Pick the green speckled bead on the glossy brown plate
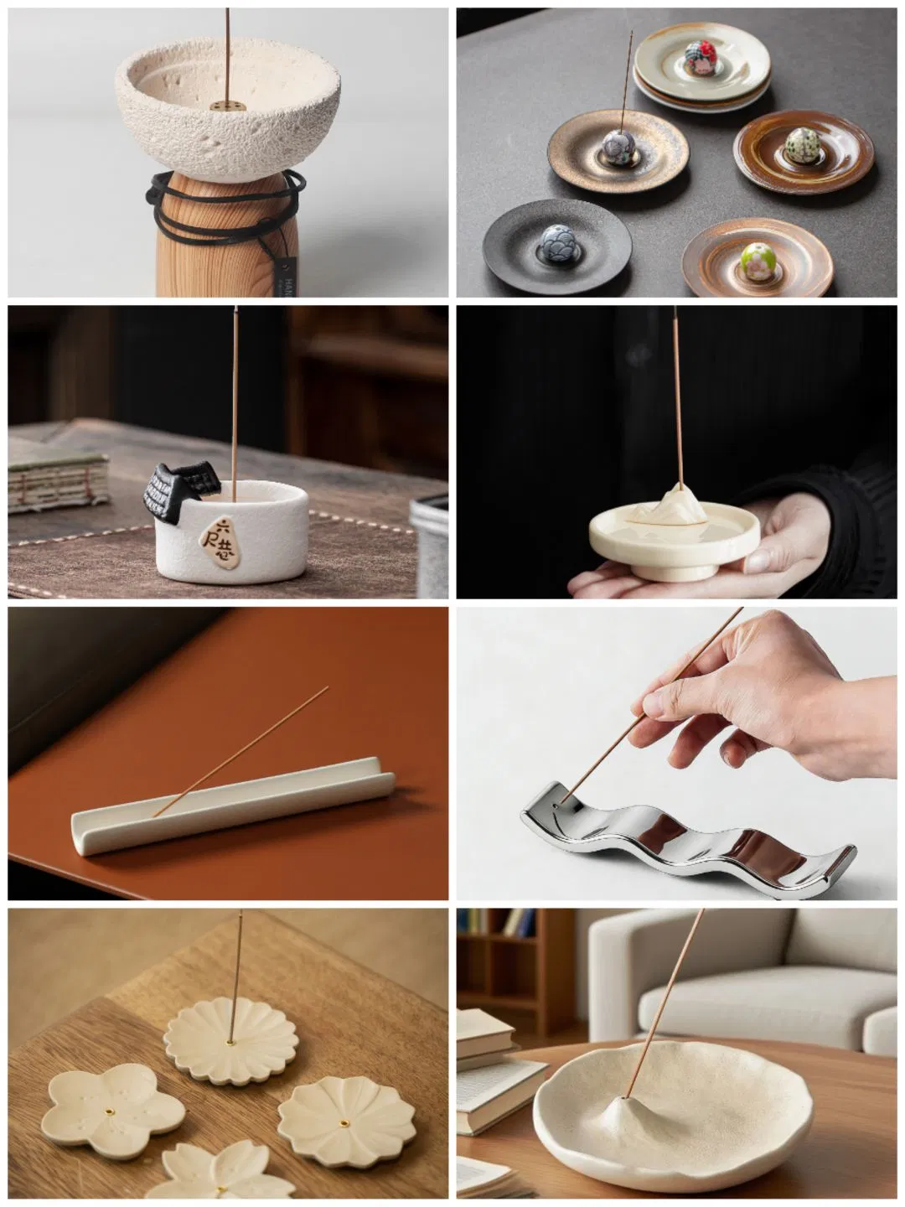coord(797,144)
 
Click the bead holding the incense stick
coord(619,148)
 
